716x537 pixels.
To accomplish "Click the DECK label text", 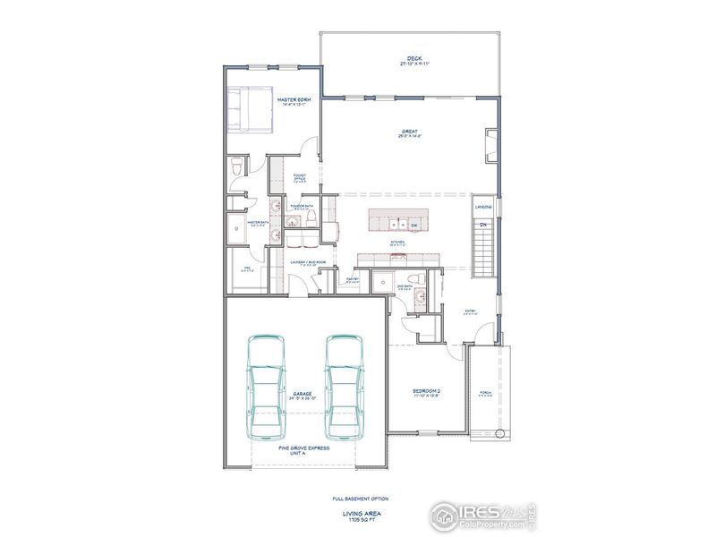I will [x=414, y=60].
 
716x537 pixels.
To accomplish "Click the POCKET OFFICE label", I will [x=300, y=178].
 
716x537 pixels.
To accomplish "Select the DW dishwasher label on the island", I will [x=414, y=225].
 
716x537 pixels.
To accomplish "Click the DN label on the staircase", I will [x=482, y=224].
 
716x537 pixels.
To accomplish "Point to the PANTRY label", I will [x=352, y=279].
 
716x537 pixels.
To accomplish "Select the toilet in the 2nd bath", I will [x=413, y=280].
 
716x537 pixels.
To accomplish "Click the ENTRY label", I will [x=470, y=311].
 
